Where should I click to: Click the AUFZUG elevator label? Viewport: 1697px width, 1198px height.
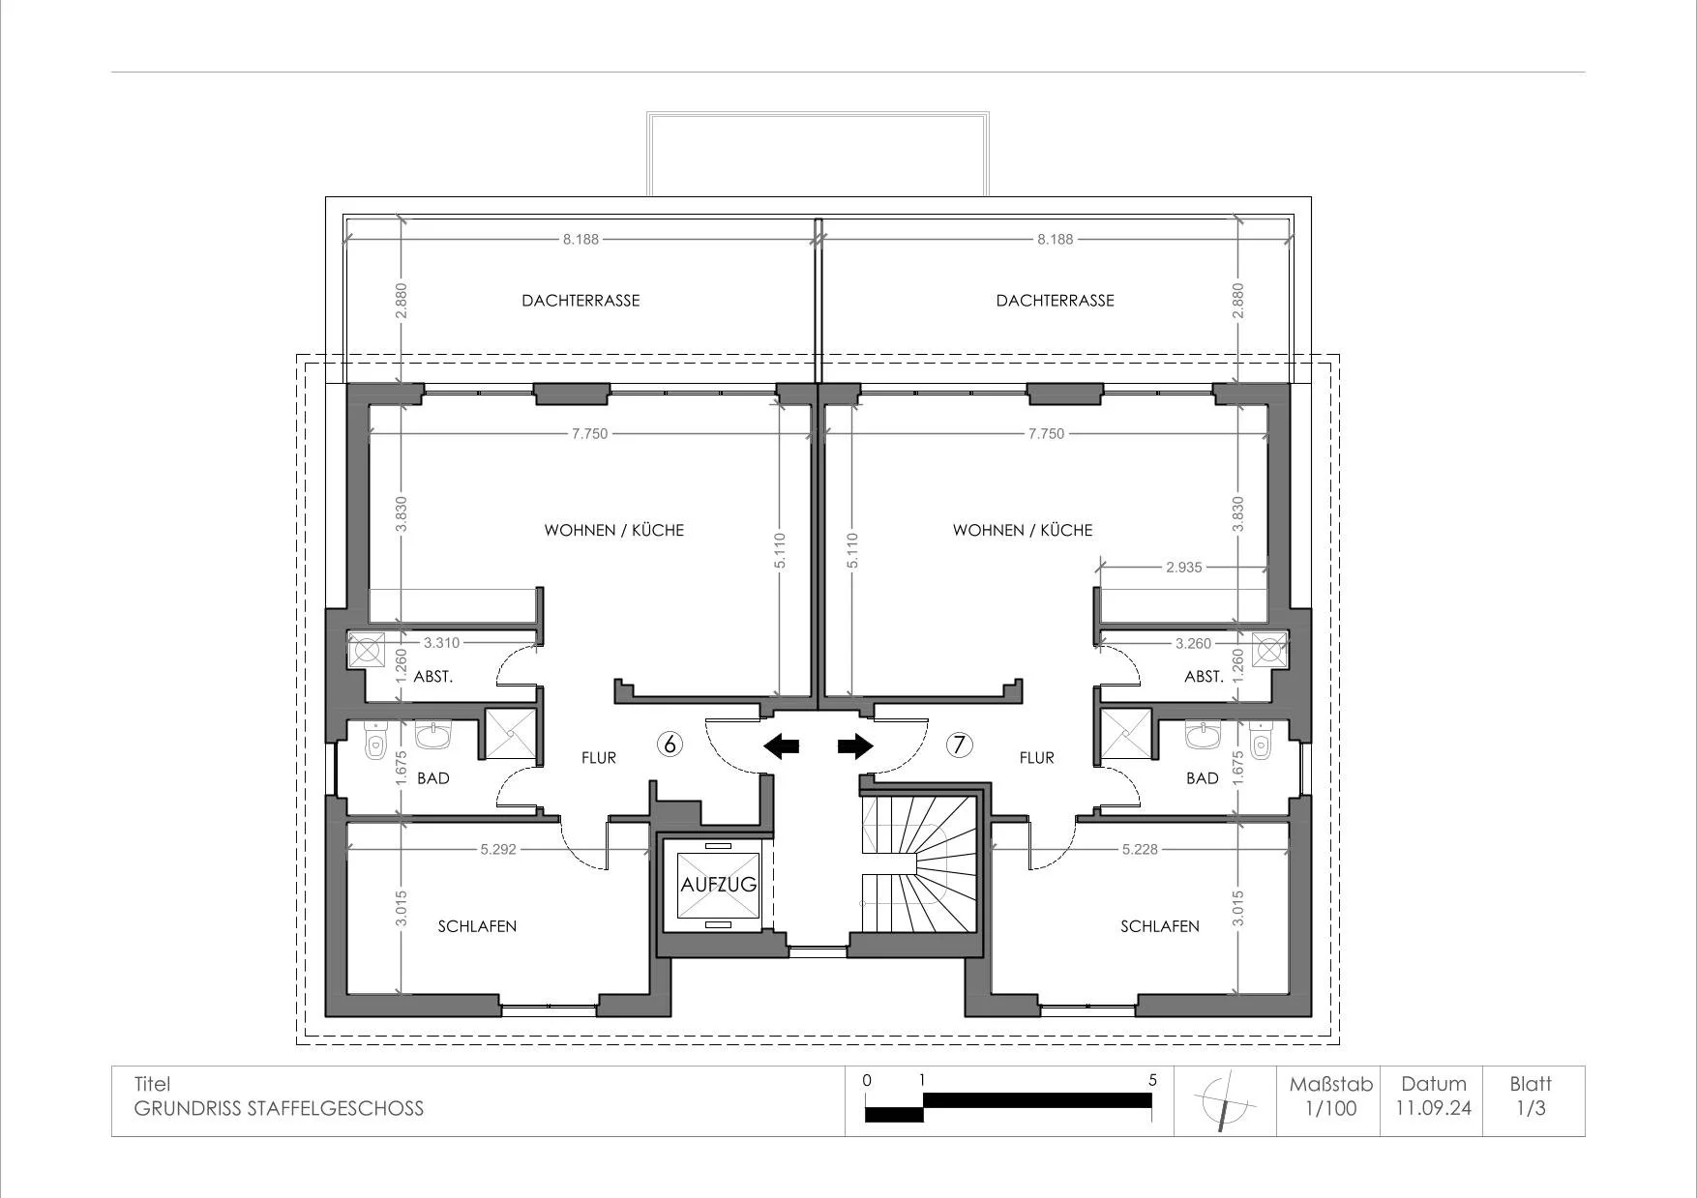point(718,885)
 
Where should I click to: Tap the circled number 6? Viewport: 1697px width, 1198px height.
point(670,744)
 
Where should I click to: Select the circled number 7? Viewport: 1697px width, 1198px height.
point(959,744)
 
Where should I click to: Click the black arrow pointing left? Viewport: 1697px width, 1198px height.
point(782,745)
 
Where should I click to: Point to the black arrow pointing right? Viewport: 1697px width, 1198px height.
point(855,745)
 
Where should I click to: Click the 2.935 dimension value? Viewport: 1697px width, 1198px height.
point(1183,568)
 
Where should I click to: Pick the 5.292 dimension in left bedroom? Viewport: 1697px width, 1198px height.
point(498,850)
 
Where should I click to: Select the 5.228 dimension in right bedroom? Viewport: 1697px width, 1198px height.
point(1140,850)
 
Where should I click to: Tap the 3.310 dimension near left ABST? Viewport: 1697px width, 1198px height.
point(441,642)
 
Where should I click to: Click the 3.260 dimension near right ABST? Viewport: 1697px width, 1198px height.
point(1193,643)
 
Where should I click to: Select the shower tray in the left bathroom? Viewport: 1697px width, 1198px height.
point(509,734)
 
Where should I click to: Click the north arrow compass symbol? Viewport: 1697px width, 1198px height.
point(1226,1101)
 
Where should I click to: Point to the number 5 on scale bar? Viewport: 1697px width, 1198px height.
point(1152,1080)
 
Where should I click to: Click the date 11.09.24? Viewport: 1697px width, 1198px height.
point(1433,1108)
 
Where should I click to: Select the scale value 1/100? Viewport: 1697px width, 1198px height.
point(1331,1108)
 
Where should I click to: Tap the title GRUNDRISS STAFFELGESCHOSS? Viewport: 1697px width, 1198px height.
point(279,1108)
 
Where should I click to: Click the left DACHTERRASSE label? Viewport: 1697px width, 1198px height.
point(581,301)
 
